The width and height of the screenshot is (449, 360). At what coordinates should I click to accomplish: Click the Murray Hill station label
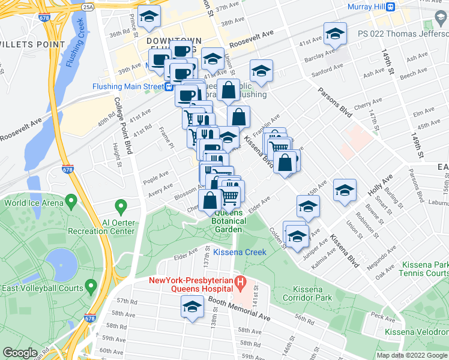366,7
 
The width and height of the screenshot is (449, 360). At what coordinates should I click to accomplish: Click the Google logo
20,353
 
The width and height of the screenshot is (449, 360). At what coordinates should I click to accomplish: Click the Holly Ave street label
379,185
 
